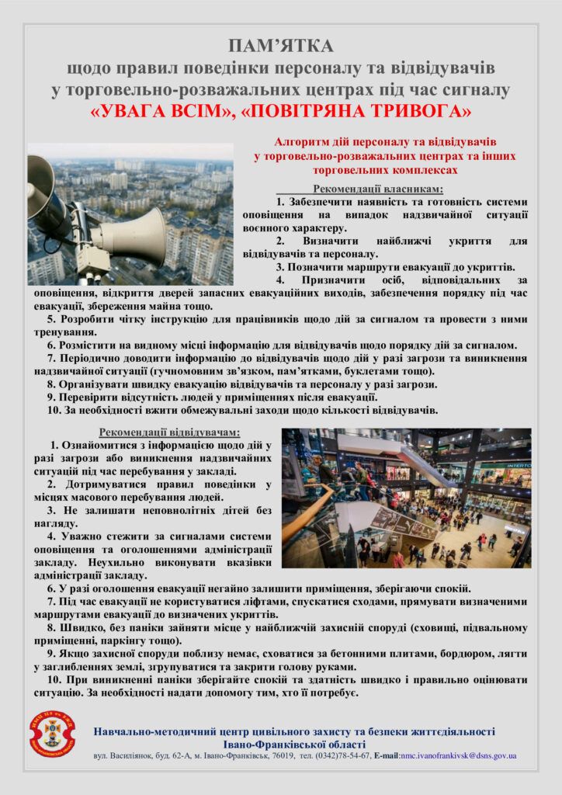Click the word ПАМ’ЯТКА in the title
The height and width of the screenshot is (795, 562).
[280, 45]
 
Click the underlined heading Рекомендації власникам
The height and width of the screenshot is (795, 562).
[377, 189]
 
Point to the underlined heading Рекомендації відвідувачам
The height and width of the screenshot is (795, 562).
[169, 432]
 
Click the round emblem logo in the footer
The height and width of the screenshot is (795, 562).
[52, 734]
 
